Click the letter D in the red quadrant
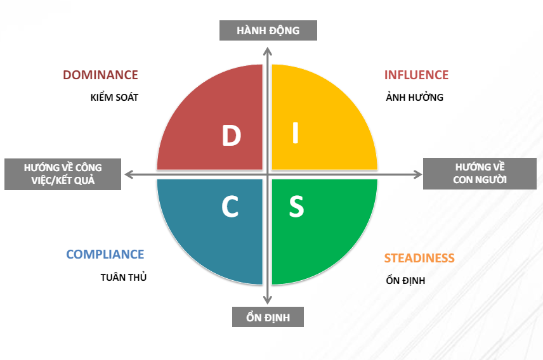point(232,136)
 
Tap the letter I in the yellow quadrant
point(296,132)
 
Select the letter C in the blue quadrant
point(230,207)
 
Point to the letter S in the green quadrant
point(296,207)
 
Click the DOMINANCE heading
point(100,75)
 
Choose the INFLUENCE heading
point(416,75)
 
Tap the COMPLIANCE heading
point(105,254)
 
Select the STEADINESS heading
point(419,258)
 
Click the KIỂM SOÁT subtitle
point(114,97)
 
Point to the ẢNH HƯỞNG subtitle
point(414,97)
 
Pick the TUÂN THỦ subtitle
point(124,277)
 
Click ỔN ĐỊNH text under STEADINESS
point(405,280)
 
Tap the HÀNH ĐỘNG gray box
point(268,30)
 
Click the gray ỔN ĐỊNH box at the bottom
point(268,317)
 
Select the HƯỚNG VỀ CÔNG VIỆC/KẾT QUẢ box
point(63,174)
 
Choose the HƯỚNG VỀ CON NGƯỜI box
point(480,174)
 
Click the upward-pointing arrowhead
point(267,51)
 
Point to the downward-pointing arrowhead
point(267,300)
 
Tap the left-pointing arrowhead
point(129,174)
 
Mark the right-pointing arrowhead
point(417,174)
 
